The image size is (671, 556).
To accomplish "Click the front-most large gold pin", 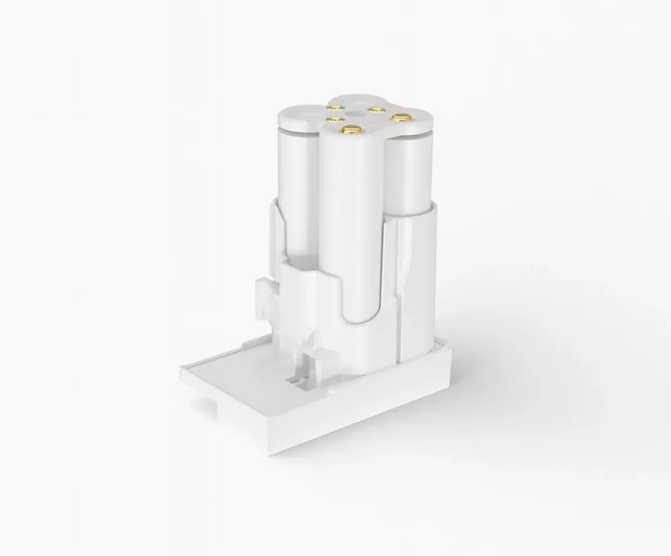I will [350, 129].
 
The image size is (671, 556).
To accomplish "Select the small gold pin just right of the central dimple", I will [375, 109].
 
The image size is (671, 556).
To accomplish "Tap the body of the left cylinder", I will [296, 193].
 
